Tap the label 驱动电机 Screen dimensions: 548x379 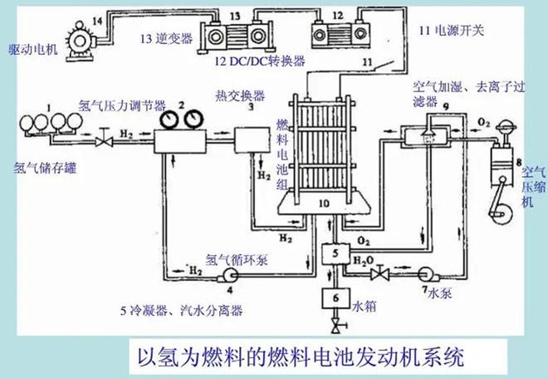click(x=33, y=50)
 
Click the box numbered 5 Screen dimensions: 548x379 click(x=335, y=253)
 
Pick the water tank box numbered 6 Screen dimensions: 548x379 click(x=336, y=298)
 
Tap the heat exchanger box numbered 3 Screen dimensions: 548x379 click(x=252, y=140)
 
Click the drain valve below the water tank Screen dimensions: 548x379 click(x=337, y=327)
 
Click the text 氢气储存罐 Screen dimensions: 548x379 click(x=45, y=169)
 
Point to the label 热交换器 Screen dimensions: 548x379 click(x=240, y=96)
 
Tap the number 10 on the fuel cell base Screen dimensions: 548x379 click(x=325, y=203)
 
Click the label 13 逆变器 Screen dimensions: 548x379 click(x=166, y=38)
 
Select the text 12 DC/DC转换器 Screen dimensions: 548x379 click(x=260, y=62)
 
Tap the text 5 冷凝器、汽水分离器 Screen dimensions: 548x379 click(x=181, y=310)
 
